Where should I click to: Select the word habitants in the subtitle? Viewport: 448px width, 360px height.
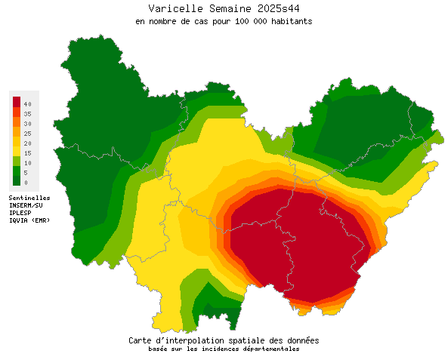(x=288, y=21)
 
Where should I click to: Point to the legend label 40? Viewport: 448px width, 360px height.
(x=26, y=103)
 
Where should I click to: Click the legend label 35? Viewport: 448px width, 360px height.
(x=26, y=113)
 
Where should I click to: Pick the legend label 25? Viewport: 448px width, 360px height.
(x=26, y=133)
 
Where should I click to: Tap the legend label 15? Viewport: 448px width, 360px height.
(x=26, y=152)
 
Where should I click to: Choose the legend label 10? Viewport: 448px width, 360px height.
(x=26, y=162)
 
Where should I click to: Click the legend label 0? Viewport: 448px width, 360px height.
(x=25, y=182)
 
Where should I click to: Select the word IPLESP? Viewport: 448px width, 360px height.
(x=20, y=213)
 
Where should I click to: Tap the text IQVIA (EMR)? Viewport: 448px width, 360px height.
(x=29, y=220)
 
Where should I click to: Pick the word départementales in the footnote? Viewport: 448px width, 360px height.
(x=267, y=349)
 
